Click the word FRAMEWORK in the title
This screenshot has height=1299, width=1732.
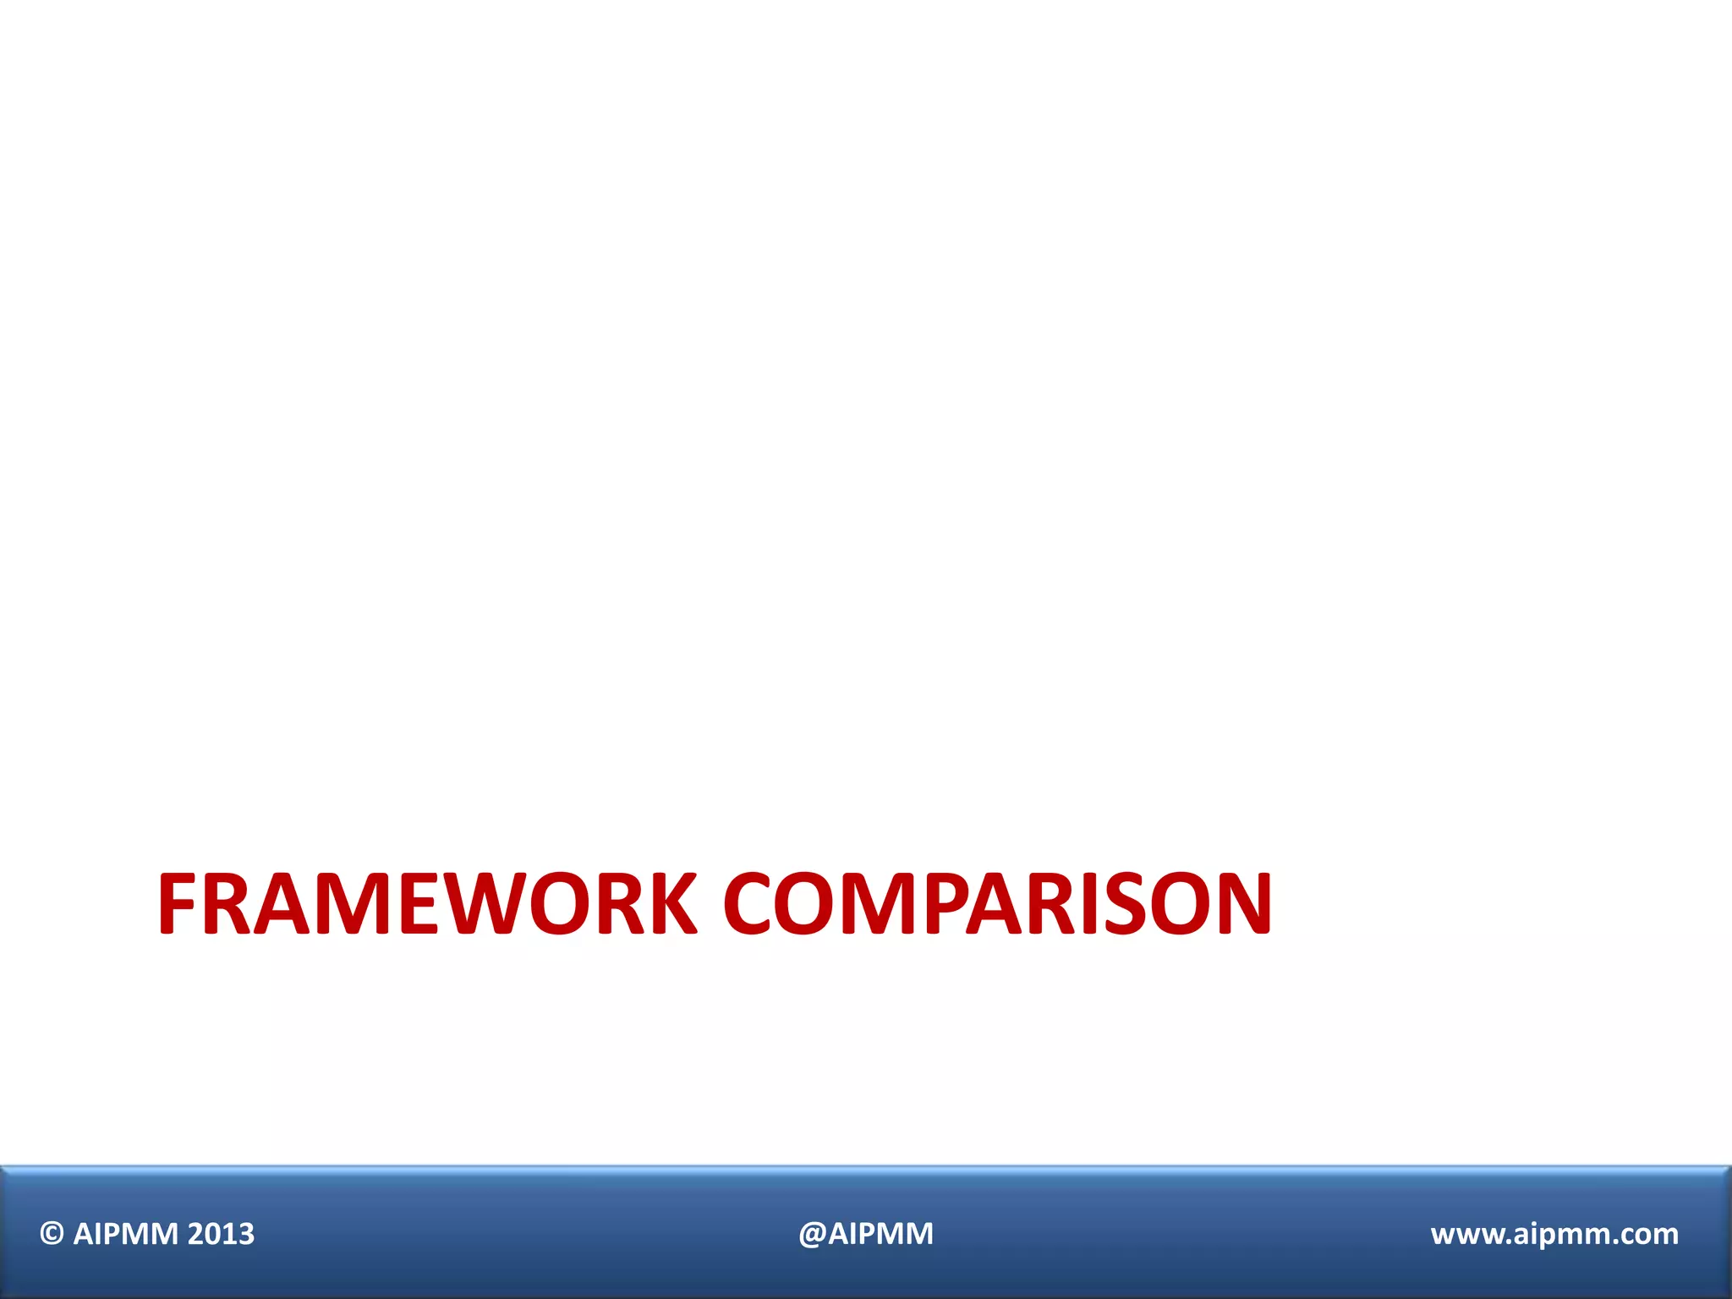427,904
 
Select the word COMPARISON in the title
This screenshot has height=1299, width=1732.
998,904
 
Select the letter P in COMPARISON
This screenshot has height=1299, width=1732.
946,904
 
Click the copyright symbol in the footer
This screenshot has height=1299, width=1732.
52,1234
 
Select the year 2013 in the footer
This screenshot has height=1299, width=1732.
221,1234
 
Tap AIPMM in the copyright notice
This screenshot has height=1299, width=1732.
126,1234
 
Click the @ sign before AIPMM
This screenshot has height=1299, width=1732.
811,1234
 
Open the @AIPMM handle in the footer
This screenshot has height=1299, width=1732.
866,1234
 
